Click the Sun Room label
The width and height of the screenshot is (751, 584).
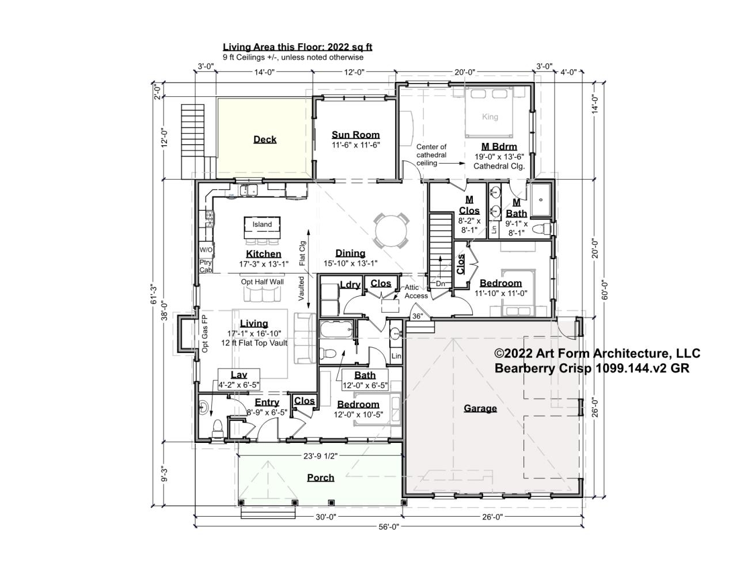(355, 135)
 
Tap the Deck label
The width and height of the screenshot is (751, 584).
(265, 139)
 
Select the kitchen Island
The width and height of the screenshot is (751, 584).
(262, 227)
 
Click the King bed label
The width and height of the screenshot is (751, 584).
(490, 117)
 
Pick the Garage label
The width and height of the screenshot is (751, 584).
(480, 408)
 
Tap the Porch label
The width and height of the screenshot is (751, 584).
(321, 477)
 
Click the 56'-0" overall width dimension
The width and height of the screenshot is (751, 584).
(389, 526)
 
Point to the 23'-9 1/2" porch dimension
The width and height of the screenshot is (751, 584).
(320, 456)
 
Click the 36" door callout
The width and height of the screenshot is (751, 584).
(418, 316)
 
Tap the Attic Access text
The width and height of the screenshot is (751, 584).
(416, 291)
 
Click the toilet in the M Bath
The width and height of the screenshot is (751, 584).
(541, 229)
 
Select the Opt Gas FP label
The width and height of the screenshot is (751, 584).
(204, 334)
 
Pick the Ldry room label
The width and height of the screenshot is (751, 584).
(350, 285)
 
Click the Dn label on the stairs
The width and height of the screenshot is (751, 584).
(441, 284)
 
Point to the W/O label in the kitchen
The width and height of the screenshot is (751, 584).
(206, 249)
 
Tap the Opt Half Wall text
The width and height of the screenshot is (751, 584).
(262, 282)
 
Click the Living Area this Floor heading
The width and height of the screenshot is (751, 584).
(298, 47)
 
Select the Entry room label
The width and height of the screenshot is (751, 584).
(267, 402)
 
